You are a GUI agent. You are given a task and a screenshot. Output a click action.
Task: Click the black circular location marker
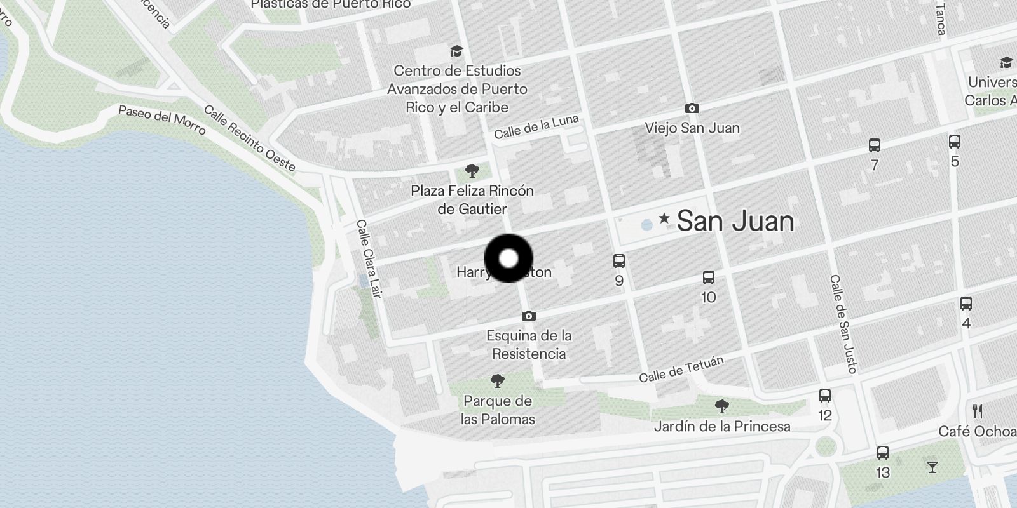pos(508,258)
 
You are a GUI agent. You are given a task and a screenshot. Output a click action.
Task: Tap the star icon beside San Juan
pos(664,219)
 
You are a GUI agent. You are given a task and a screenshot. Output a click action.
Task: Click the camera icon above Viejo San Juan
pos(692,109)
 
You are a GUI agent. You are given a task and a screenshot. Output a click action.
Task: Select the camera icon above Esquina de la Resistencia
pos(528,316)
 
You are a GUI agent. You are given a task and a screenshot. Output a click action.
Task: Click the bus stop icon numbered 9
pos(619,260)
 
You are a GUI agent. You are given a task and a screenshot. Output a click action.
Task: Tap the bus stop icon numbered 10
pos(709,277)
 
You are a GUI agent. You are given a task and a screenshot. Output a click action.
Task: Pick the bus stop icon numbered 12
pos(825,396)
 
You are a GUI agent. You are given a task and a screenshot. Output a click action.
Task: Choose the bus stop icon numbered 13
pos(883,453)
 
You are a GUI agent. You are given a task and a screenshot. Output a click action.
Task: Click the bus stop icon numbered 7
pos(875,145)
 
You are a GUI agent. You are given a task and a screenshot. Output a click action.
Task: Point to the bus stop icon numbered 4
pos(966,304)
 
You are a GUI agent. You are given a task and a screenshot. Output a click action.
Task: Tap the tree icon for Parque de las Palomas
pos(498,381)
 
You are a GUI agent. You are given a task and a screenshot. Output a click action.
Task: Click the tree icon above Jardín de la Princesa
pos(721,406)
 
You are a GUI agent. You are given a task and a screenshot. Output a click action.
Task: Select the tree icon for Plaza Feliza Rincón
pos(472,170)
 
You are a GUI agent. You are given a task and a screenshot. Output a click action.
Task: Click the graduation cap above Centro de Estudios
pos(456,51)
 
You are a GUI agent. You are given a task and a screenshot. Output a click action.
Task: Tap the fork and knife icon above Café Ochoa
pos(978,411)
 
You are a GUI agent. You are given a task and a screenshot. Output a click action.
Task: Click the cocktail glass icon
pos(932,467)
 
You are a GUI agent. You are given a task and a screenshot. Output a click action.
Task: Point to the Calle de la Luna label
pos(536,127)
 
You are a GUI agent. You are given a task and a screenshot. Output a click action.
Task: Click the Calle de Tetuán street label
pos(681,369)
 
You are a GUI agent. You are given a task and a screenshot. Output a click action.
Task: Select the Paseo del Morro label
pos(162,119)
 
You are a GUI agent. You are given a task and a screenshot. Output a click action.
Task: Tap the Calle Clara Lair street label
pos(369,258)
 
